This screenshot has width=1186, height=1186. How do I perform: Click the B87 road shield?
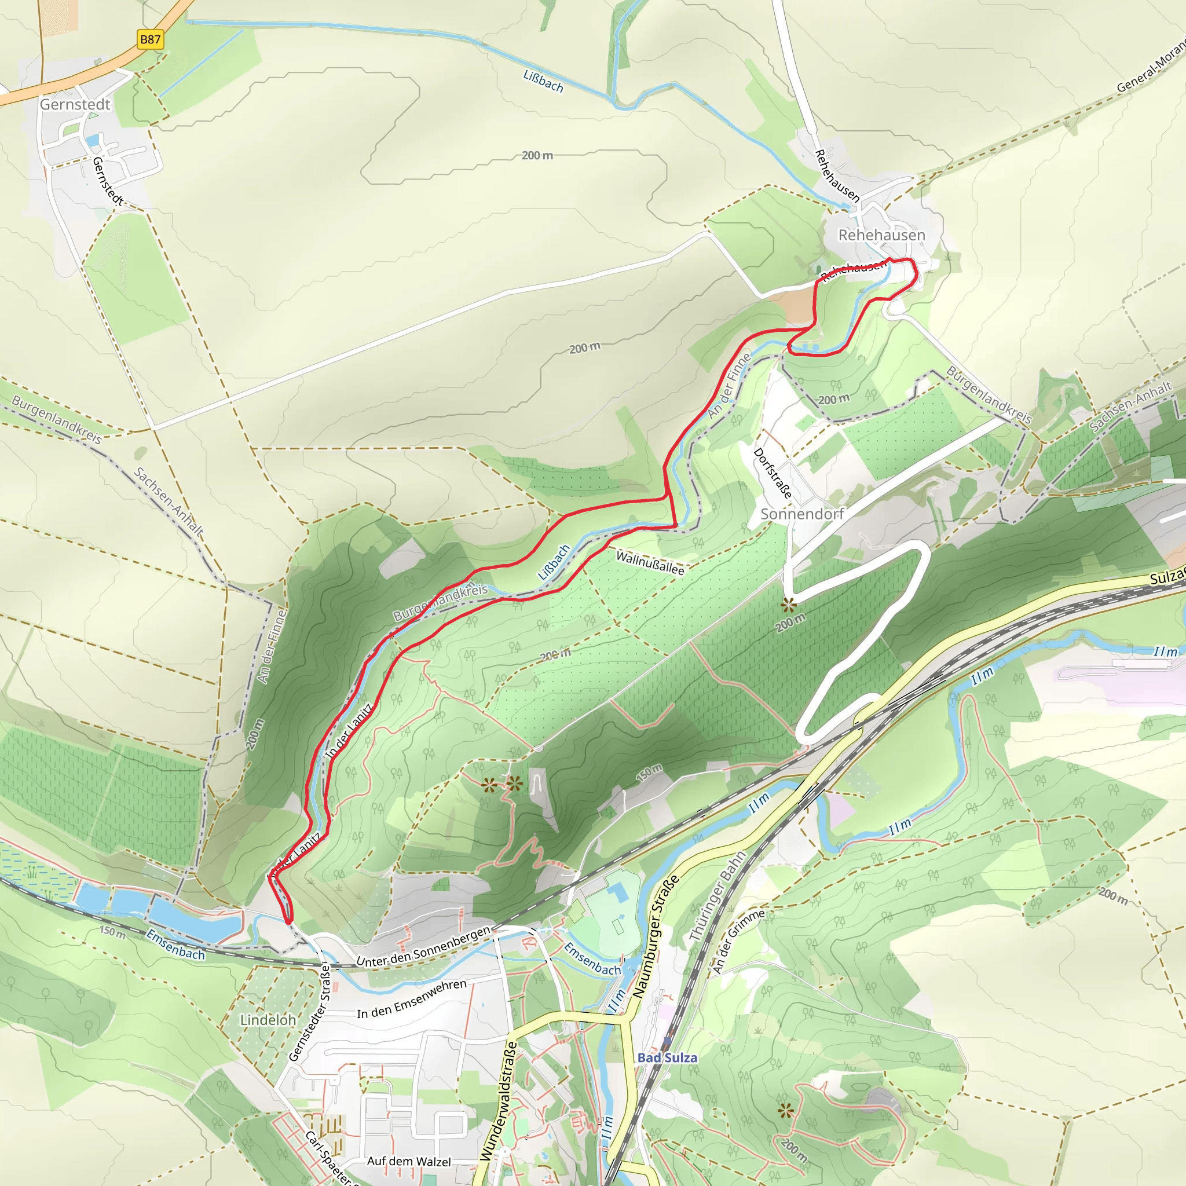[x=150, y=40]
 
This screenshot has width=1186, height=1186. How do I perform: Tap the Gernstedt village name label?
[x=75, y=104]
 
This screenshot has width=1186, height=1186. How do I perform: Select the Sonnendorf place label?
[x=802, y=514]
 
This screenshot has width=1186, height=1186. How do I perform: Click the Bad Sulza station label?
[x=667, y=1057]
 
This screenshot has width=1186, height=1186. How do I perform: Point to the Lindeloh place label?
[x=268, y=1020]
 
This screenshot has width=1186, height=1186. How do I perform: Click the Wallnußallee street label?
[x=650, y=563]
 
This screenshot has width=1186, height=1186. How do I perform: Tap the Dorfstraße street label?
[x=773, y=473]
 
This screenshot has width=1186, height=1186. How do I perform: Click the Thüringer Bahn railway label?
[x=717, y=897]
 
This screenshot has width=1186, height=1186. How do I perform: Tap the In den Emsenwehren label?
[x=412, y=998]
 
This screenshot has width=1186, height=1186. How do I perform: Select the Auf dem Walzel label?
[x=409, y=1161]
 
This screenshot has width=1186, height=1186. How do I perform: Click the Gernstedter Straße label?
[x=310, y=1012]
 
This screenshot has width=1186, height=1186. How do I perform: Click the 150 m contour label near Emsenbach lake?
[x=112, y=934]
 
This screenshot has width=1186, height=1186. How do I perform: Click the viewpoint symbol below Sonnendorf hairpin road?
[x=789, y=605]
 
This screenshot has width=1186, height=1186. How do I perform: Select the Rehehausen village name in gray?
[x=881, y=235]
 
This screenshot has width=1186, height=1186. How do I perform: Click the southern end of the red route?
[x=289, y=921]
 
